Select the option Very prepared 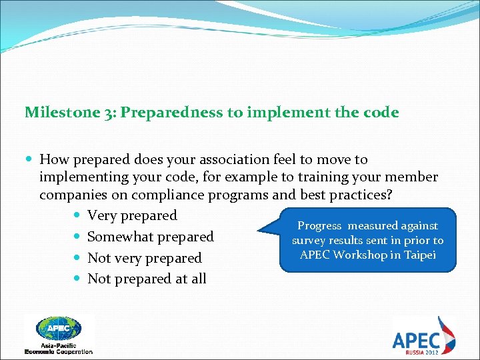tap(132, 215)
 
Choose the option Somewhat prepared tap(150, 237)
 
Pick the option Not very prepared tap(144, 258)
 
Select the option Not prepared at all tap(147, 279)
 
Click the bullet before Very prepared tap(77, 216)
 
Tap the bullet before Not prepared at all tap(77, 279)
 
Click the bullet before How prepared tap(29, 160)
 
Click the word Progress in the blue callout tap(319, 226)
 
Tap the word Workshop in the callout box tap(364, 255)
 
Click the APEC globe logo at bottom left tap(59, 328)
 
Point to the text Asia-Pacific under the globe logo tap(59, 345)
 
